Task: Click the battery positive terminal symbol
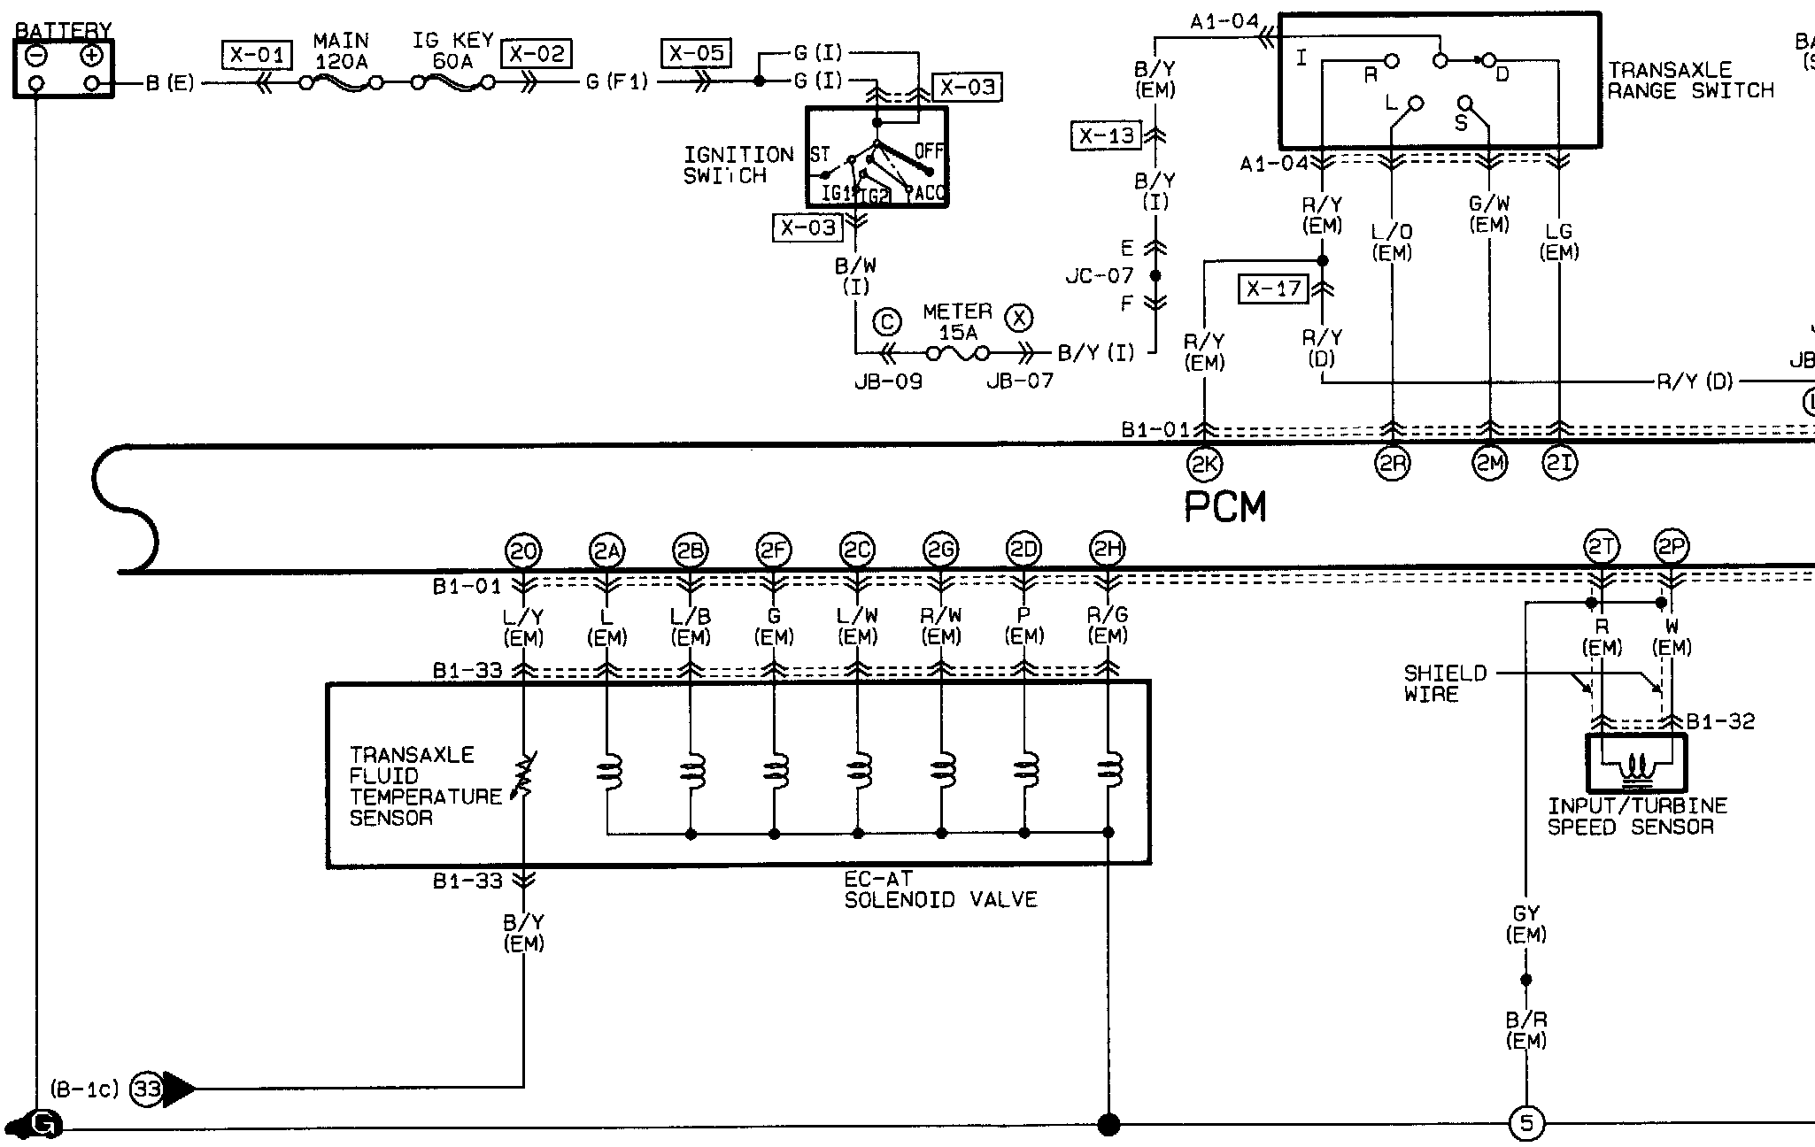coord(91,57)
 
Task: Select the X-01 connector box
coord(257,56)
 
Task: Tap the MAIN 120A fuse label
coord(341,51)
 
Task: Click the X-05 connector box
coord(697,53)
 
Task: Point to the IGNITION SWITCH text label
coord(738,166)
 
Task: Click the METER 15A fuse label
coord(957,322)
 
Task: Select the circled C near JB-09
coord(886,322)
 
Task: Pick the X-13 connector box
coord(1107,136)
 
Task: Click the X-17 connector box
coord(1274,289)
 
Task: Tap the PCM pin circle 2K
coord(1204,464)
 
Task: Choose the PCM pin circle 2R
coord(1392,464)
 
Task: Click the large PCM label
coord(1225,507)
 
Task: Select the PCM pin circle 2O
coord(522,551)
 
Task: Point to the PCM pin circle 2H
coord(1107,550)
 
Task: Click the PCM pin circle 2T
coord(1601,549)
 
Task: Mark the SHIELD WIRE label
coord(1445,683)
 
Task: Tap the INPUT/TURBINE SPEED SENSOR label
coord(1637,816)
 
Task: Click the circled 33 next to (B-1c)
coord(147,1088)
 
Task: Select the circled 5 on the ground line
coord(1525,1124)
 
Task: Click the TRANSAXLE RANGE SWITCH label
coord(1690,81)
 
